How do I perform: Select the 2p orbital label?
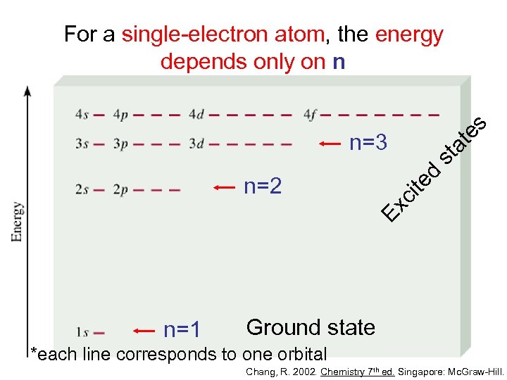click(120, 189)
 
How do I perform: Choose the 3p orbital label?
click(120, 144)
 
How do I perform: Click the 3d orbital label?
click(196, 144)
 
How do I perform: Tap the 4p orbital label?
click(120, 114)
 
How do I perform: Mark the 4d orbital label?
click(196, 114)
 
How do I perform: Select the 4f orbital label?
click(311, 114)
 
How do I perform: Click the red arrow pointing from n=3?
click(330, 144)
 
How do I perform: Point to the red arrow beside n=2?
click(225, 187)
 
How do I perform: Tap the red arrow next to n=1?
click(144, 329)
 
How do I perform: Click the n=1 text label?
click(182, 330)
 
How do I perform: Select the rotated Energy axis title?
click(15, 222)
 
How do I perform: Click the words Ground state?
click(311, 327)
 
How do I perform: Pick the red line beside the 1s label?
click(99, 332)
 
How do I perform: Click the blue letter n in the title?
click(339, 62)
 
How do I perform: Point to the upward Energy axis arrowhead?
click(27, 92)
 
